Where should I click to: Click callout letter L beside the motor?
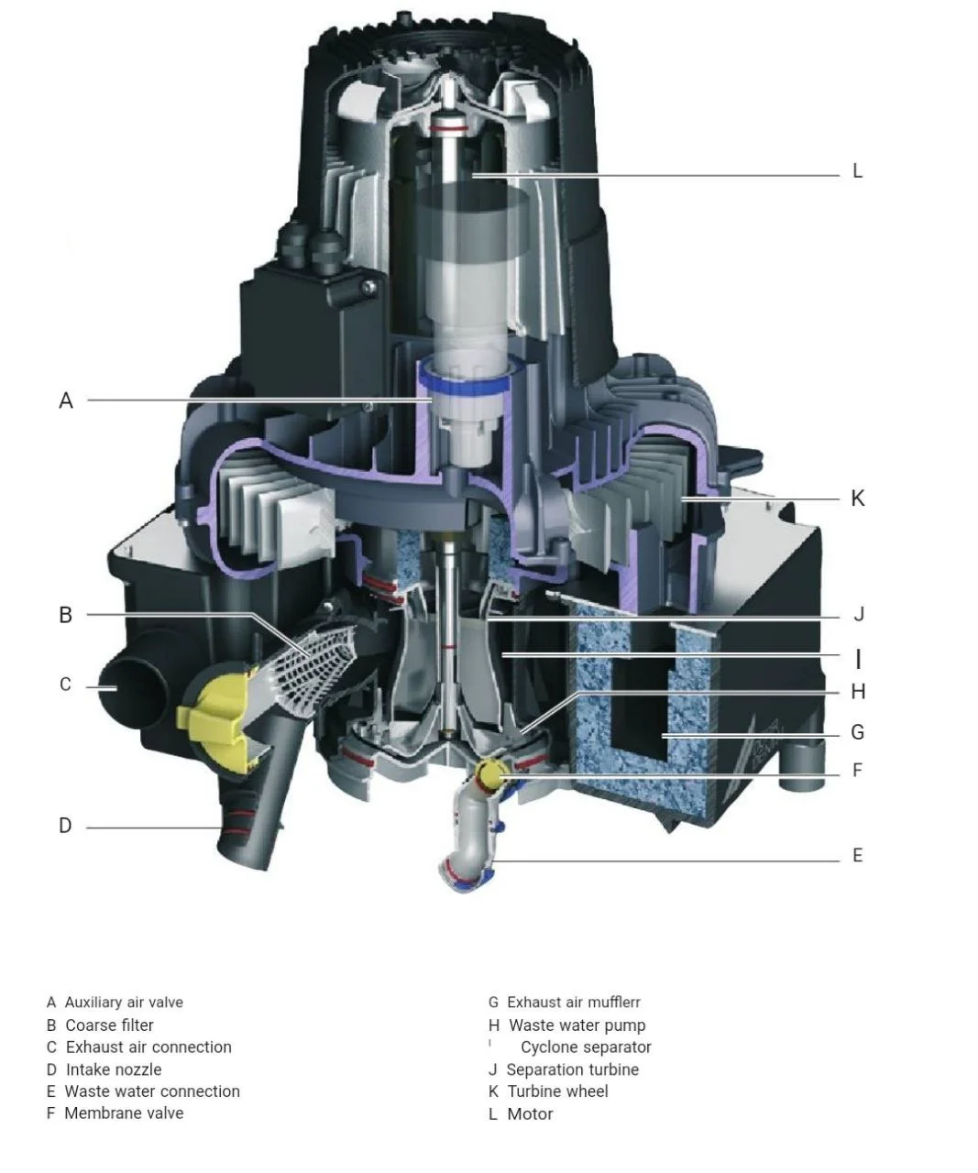[x=857, y=171]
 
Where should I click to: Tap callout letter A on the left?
[x=66, y=400]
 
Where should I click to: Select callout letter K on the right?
[x=857, y=499]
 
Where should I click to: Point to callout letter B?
[x=66, y=615]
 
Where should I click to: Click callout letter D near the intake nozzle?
[x=65, y=826]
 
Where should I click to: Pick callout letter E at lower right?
[x=857, y=855]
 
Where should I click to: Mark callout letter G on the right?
[x=857, y=732]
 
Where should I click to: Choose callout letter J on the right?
[x=858, y=615]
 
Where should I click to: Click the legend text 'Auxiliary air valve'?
[x=124, y=1003]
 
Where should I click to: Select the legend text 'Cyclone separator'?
[x=586, y=1047]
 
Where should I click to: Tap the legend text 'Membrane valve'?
[x=124, y=1113]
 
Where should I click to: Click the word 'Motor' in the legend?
[x=530, y=1114]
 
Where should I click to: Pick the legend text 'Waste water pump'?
[x=577, y=1025]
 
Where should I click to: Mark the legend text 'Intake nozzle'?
[x=114, y=1069]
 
